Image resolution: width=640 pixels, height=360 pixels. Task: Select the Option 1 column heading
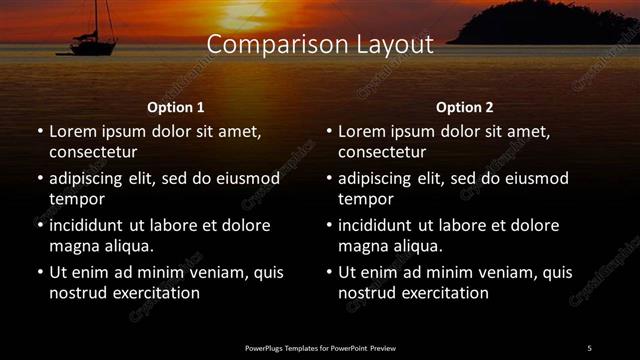coord(175,107)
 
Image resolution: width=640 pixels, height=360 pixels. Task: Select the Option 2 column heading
coord(464,107)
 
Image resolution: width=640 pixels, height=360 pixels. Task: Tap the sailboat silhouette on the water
coord(92,45)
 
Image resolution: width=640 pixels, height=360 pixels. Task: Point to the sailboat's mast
coord(97,17)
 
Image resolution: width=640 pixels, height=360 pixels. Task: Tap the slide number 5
coord(589,348)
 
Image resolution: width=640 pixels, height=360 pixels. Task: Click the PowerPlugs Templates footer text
coord(320,348)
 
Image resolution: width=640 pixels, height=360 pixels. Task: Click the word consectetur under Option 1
coord(93,152)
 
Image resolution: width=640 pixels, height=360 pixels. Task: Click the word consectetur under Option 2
coord(382,152)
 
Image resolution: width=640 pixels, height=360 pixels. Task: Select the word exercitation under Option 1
coord(154,293)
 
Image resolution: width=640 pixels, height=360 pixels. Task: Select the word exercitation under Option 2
coord(443,293)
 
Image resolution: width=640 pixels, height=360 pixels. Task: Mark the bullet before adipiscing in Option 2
coord(329,179)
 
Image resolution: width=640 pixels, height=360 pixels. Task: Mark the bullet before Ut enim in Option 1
coord(40,272)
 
